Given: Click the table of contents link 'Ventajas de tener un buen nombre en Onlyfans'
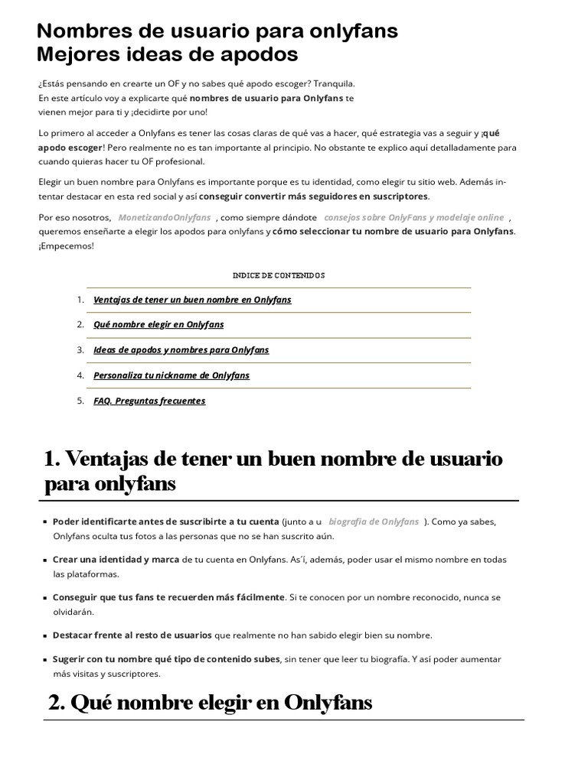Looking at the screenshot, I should (x=192, y=300).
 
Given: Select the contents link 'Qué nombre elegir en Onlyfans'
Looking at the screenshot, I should (x=158, y=324).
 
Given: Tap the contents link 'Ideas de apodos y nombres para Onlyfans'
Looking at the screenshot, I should (x=181, y=349).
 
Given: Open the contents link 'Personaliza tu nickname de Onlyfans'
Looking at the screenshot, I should (x=171, y=375).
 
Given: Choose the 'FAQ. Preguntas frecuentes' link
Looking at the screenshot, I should (x=149, y=401).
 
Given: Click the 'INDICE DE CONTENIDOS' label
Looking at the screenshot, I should (x=279, y=275).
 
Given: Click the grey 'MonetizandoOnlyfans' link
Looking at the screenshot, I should (x=165, y=217).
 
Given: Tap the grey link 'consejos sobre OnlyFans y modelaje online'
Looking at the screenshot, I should (x=414, y=217).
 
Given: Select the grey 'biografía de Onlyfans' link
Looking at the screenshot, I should (x=374, y=521).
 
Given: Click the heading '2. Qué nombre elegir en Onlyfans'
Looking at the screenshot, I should (x=210, y=702).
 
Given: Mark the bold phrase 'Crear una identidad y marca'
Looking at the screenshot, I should (x=116, y=560).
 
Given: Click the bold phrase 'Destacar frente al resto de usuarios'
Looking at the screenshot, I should (x=132, y=635).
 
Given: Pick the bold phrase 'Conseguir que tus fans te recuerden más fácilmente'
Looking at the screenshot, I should (x=168, y=597).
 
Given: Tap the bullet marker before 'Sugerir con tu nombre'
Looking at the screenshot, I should (x=46, y=660).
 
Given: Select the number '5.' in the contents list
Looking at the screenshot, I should (x=80, y=401).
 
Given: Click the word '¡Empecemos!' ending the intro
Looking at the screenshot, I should (x=66, y=245).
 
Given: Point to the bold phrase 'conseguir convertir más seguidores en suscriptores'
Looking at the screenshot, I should (x=314, y=197).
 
